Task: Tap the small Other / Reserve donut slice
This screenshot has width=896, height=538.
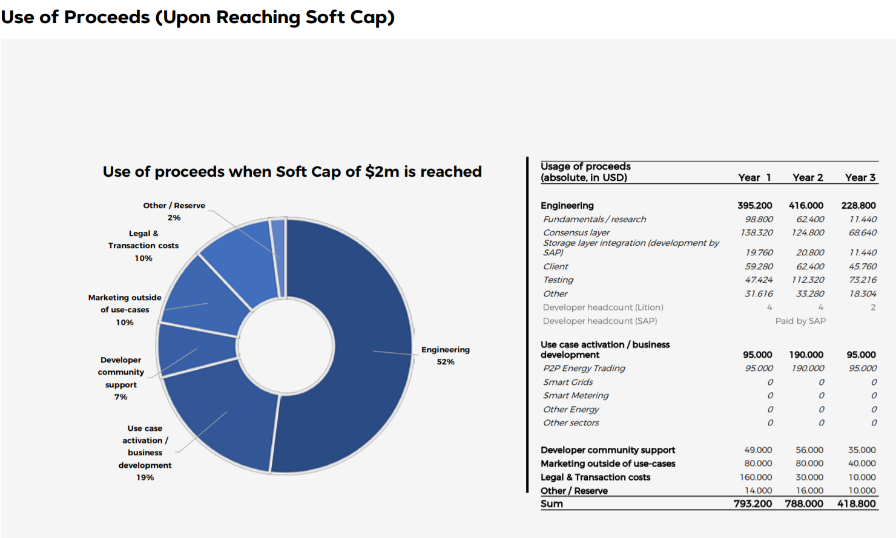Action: [x=278, y=257]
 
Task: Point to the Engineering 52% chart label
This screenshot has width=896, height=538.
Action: [x=446, y=355]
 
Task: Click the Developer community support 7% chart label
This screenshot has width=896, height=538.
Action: [x=121, y=378]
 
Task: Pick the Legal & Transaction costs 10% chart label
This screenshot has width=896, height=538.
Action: [x=143, y=246]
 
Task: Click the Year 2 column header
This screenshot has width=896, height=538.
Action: [x=808, y=177]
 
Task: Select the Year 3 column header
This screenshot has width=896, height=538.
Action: [x=860, y=177]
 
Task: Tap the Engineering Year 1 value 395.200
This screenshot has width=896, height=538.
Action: [x=755, y=206]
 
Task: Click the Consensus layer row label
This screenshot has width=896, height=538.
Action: [x=576, y=232]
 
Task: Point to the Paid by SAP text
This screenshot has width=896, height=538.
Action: [x=800, y=321]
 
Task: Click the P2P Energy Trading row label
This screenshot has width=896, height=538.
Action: [x=584, y=368]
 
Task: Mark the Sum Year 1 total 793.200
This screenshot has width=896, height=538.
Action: [x=753, y=504]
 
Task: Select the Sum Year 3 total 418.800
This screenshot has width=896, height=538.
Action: [x=857, y=504]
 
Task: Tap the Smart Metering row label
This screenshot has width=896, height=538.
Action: [x=576, y=395]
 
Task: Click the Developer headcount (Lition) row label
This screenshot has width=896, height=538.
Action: [x=603, y=307]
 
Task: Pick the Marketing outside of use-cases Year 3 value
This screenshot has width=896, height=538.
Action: [x=862, y=464]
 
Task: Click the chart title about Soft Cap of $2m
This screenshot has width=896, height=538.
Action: [x=292, y=172]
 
